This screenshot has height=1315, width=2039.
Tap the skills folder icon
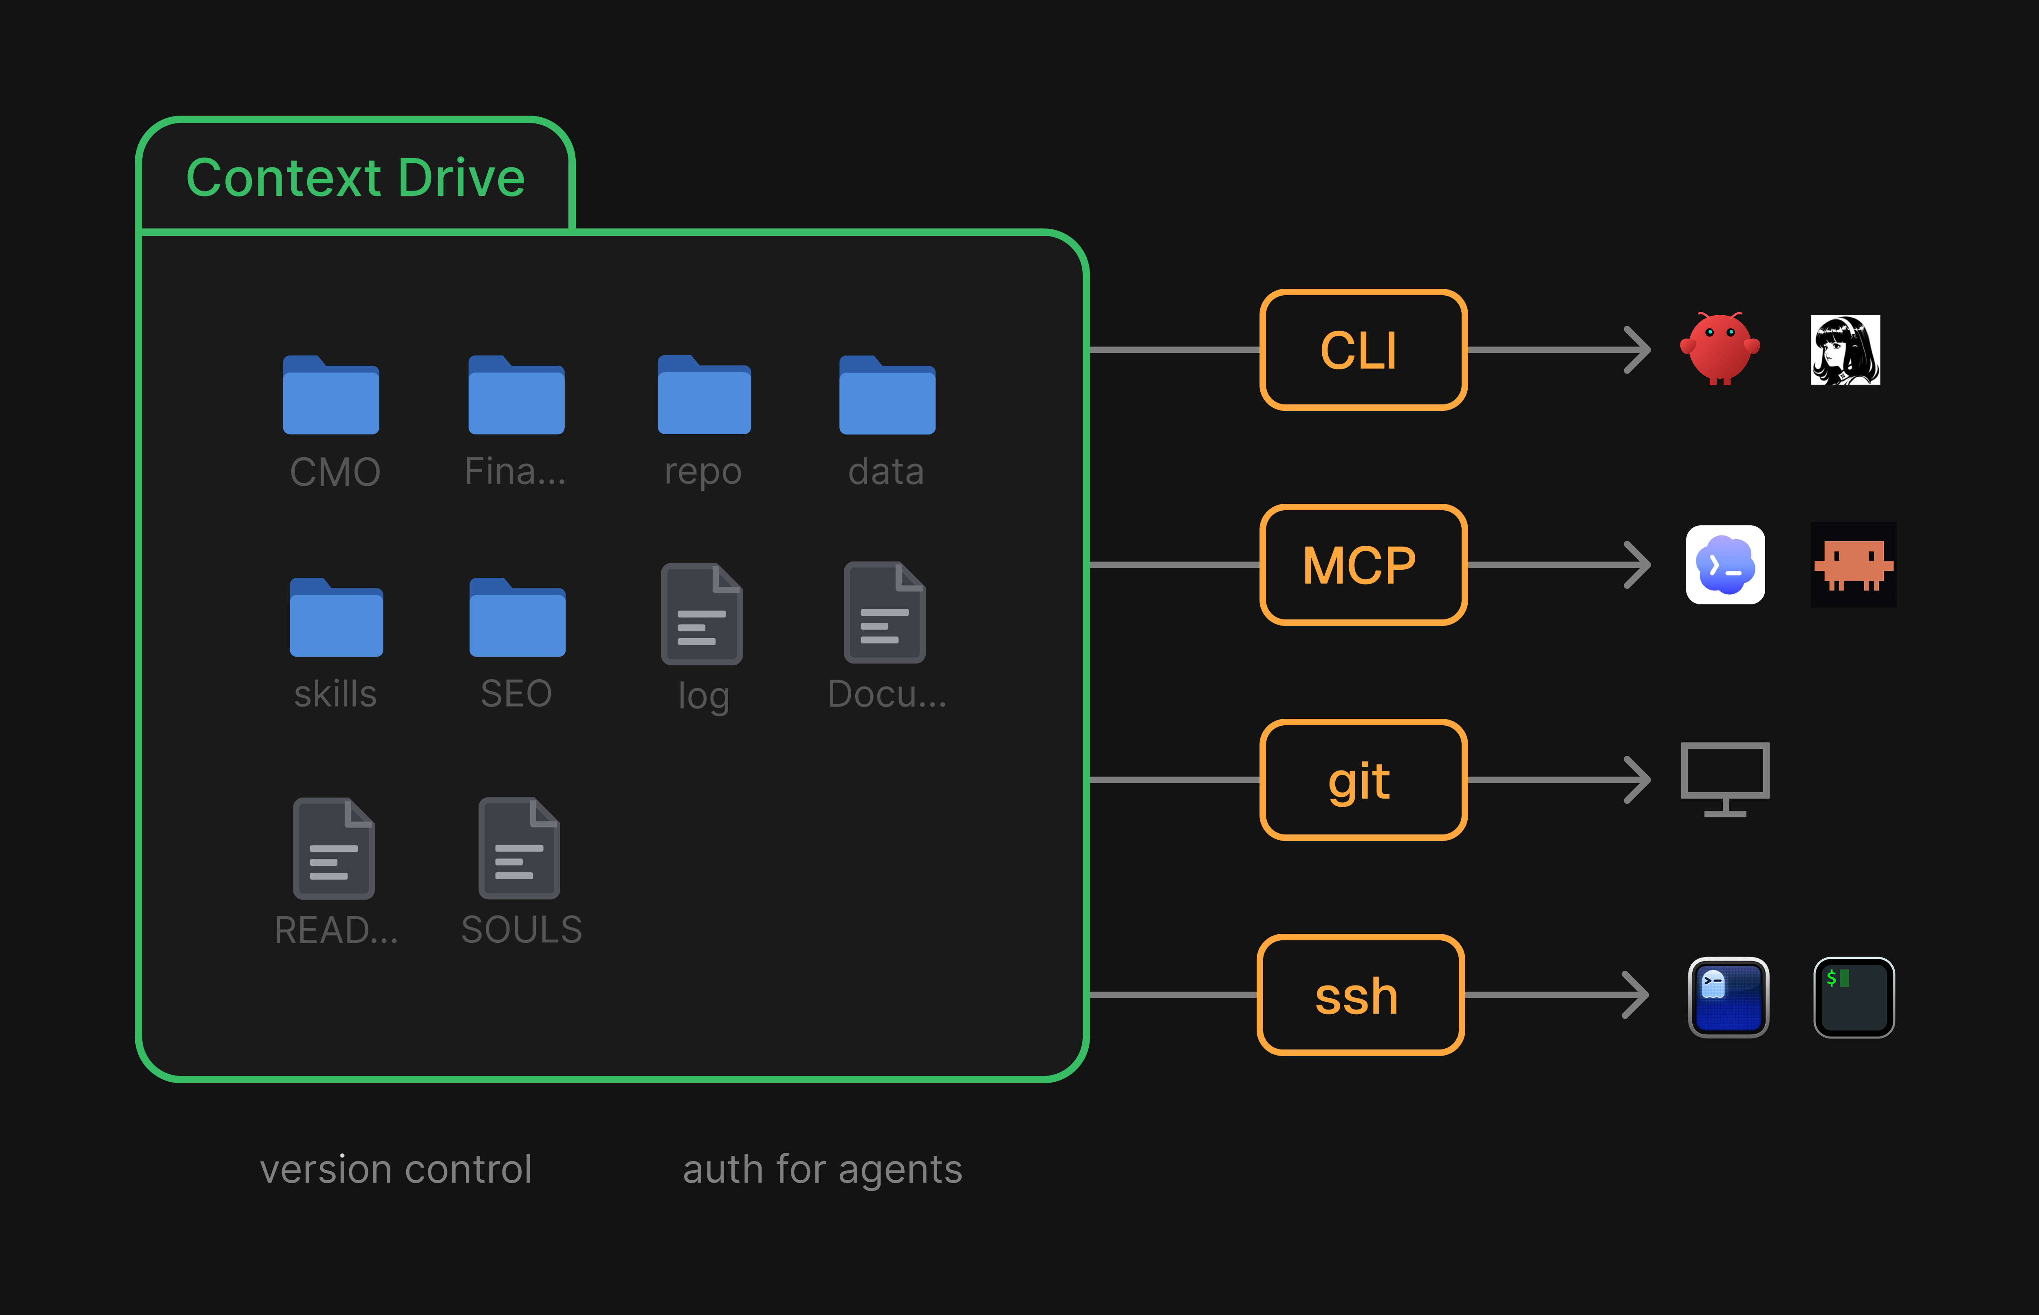click(337, 617)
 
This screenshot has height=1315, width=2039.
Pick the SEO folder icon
click(517, 617)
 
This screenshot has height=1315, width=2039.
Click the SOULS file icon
click(520, 848)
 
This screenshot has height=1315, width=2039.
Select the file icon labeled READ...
click(334, 848)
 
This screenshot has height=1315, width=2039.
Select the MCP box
click(1363, 564)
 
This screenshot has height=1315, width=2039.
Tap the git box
click(1363, 779)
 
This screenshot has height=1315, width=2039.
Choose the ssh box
click(1361, 995)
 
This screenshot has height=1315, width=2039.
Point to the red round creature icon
click(1720, 348)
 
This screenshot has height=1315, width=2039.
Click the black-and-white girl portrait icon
click(1845, 350)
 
